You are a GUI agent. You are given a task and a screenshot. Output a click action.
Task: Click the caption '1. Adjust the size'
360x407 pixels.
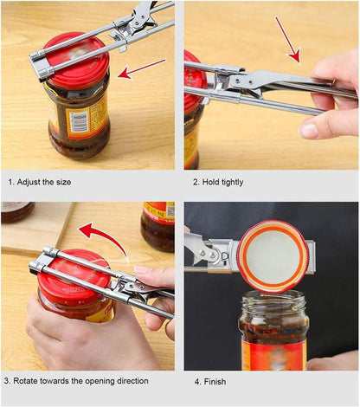pyautogui.click(x=40, y=182)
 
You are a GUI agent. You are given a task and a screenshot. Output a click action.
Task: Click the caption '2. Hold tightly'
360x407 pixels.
pyautogui.click(x=217, y=182)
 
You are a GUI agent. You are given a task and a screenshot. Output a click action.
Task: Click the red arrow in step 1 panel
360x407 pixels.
pyautogui.click(x=140, y=68)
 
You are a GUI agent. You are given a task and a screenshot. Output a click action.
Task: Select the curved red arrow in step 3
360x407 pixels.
pyautogui.click(x=102, y=236)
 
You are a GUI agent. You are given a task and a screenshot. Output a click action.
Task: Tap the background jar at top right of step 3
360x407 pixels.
pyautogui.click(x=158, y=225)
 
